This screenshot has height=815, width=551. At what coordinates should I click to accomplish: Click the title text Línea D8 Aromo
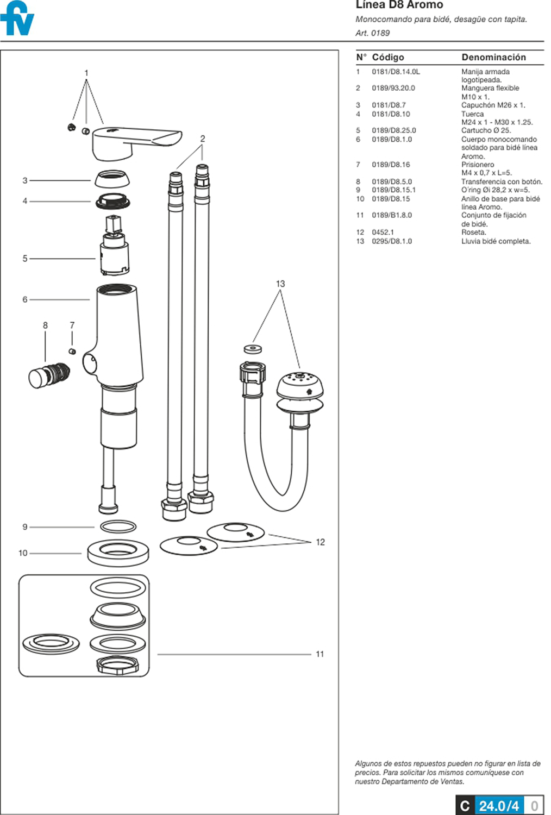tap(399, 5)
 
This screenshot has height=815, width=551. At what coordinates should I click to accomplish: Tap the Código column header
tap(387, 57)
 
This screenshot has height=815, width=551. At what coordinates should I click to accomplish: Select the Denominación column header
tap(493, 57)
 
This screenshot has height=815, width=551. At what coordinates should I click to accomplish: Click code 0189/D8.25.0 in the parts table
tap(393, 130)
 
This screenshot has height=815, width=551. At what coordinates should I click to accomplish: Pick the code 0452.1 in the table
tap(383, 232)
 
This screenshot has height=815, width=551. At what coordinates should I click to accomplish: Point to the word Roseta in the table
tap(473, 232)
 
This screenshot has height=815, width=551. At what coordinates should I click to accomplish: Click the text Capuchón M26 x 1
tap(493, 105)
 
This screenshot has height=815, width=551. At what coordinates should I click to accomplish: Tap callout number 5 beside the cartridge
tap(24, 259)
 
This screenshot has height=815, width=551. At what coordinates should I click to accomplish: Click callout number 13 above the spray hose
tap(280, 284)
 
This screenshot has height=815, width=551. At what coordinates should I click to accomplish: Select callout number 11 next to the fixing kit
tap(320, 654)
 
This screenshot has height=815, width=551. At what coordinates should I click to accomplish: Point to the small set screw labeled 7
tap(72, 351)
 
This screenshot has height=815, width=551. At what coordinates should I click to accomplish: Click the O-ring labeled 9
tap(118, 526)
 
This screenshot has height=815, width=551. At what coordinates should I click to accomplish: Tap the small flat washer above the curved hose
tap(252, 348)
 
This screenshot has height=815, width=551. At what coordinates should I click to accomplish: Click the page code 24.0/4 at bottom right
tap(498, 805)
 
